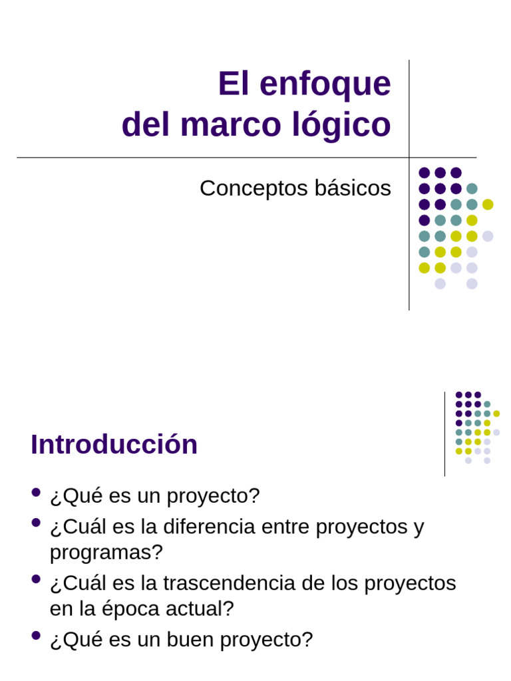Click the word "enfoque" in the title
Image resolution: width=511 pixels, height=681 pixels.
[325, 84]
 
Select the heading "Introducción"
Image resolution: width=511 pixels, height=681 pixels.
[114, 444]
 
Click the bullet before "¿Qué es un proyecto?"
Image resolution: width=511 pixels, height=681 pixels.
[36, 493]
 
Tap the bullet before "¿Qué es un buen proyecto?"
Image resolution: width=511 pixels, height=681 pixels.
[36, 636]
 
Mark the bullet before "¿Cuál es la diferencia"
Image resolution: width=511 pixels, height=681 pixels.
[36, 523]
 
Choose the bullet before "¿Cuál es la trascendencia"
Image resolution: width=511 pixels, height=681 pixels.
[36, 580]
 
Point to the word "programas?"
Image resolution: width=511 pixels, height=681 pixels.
[106, 552]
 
